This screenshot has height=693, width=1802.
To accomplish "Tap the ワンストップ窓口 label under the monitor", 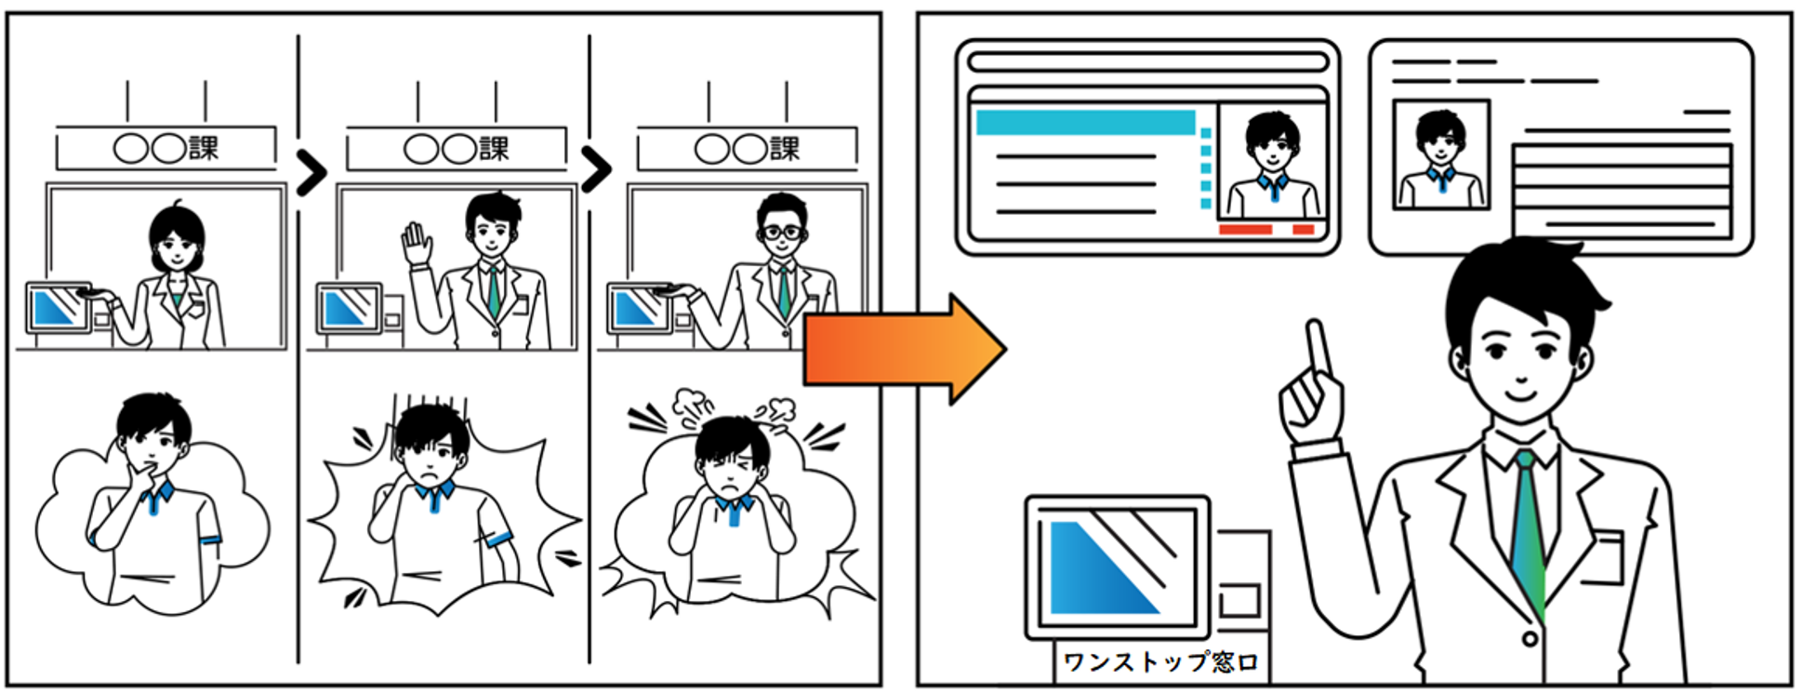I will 1160,662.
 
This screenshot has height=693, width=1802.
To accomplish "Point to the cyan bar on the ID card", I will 1085,122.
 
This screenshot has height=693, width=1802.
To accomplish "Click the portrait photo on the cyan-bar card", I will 1272,163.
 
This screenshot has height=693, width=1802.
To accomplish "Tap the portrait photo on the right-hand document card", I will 1440,154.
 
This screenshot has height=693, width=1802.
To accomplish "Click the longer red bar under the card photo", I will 1245,230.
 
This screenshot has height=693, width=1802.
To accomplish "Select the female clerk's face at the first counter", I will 176,245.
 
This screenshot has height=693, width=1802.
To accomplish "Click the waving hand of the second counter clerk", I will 417,244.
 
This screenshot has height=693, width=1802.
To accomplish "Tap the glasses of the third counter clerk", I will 782,232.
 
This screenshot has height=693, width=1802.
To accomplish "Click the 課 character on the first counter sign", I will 204,148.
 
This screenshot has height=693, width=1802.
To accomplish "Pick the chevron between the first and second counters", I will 311,172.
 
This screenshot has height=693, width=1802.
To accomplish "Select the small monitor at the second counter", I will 349,308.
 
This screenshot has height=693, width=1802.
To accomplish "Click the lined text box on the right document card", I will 1622,190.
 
